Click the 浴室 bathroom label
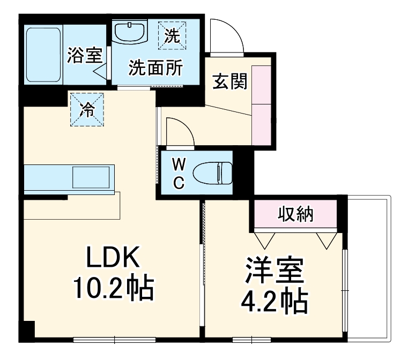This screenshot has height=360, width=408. coord(85,56)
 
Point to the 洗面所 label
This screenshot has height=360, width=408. coord(155,68)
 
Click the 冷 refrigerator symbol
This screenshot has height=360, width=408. coord(86,109)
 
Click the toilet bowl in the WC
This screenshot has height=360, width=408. coord(212,174)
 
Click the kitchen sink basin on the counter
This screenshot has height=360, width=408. coord(91,177)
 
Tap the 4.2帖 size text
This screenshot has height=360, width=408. coord(273,303)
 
